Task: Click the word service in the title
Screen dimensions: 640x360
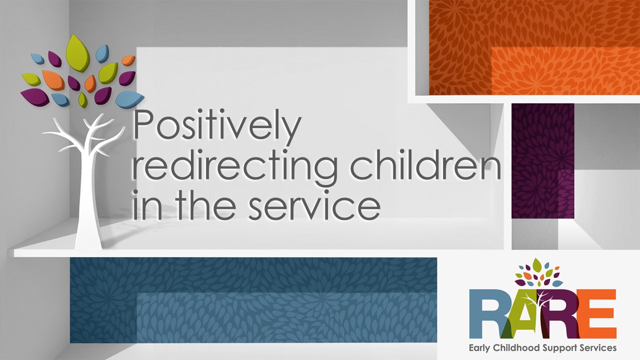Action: point(314,205)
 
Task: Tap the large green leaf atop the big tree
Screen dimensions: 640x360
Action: point(77,53)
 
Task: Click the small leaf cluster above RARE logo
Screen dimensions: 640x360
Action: point(538,273)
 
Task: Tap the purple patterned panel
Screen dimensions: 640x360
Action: point(543,160)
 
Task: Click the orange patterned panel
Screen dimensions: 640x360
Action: point(534,47)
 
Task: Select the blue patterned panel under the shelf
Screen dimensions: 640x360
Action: point(253,300)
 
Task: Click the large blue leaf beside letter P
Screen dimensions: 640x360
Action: point(129,98)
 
